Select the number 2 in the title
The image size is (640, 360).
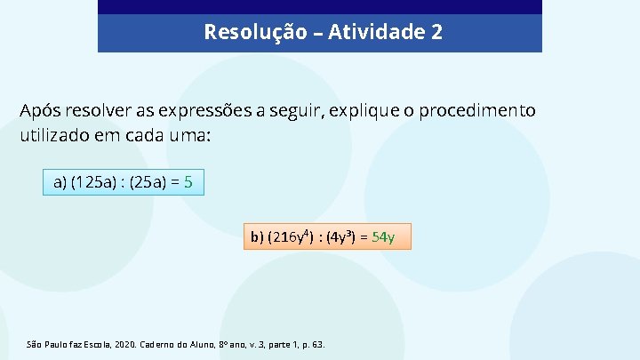pyautogui.click(x=436, y=33)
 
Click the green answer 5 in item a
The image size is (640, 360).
pyautogui.click(x=189, y=182)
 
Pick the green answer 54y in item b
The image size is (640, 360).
pyautogui.click(x=383, y=236)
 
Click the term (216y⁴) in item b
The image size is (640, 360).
pyautogui.click(x=292, y=236)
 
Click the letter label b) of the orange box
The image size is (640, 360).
pyautogui.click(x=257, y=236)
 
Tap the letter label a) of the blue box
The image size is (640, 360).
pyautogui.click(x=60, y=182)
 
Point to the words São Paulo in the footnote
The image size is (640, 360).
pyautogui.click(x=47, y=344)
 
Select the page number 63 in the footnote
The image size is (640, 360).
pyautogui.click(x=317, y=344)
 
